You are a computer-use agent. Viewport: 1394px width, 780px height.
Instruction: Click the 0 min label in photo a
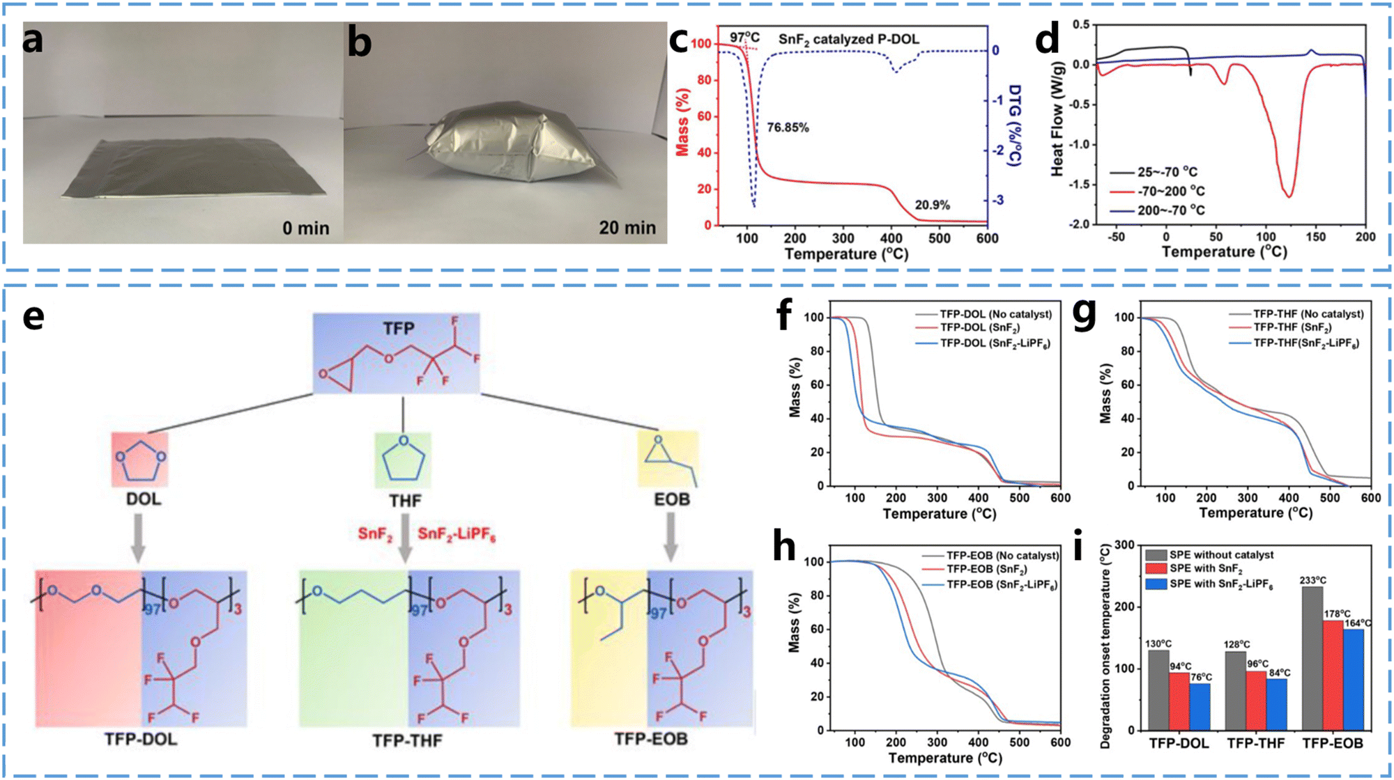point(306,228)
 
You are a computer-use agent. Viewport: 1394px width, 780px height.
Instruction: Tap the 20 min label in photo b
point(627,228)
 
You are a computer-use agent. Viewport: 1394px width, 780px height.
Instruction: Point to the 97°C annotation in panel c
point(744,38)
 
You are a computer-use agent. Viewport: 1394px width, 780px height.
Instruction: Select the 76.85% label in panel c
point(788,127)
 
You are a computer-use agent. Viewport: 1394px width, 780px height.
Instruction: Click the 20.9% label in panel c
point(932,205)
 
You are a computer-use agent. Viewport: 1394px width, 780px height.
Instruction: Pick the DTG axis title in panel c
point(1014,125)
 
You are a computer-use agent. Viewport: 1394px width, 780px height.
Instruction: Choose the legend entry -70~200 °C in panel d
point(1171,192)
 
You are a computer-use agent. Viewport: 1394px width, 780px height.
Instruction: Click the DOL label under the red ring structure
point(144,499)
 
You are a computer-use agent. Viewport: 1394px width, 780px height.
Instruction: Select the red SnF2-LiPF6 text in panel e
point(457,534)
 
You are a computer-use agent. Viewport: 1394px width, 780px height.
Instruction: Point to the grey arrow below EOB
point(671,537)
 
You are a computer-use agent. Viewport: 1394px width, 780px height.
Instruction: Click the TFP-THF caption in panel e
point(407,740)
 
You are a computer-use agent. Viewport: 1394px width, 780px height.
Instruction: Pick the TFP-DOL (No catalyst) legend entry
point(995,315)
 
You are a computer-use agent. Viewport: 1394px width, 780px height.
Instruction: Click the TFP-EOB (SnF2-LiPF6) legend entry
point(1002,585)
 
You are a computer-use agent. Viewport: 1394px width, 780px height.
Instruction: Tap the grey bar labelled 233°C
point(1312,657)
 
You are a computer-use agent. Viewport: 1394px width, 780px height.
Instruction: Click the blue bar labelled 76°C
point(1200,706)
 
